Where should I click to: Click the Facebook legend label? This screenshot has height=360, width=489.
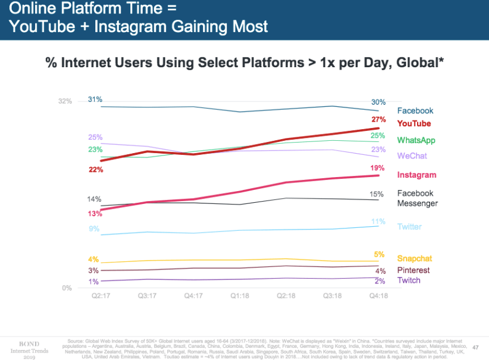[415, 110]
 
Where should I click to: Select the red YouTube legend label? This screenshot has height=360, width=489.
[414, 123]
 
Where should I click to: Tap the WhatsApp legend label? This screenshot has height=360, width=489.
[416, 140]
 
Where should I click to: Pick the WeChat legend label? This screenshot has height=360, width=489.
[412, 156]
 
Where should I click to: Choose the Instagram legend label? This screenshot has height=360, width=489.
[416, 175]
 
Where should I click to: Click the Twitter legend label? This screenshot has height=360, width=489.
[409, 227]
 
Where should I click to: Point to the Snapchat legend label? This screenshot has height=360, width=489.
[415, 258]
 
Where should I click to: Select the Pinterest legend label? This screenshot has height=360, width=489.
[413, 270]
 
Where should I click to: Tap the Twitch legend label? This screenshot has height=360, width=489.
[409, 281]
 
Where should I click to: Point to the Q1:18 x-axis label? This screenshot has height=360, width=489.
[240, 296]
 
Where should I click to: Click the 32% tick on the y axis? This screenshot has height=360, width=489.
[65, 101]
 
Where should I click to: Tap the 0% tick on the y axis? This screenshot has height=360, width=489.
[67, 288]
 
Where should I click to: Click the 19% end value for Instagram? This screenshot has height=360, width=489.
[377, 168]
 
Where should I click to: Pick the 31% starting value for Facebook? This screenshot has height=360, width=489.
[95, 99]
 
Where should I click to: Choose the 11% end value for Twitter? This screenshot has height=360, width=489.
[378, 221]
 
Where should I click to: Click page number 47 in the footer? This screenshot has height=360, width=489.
[476, 345]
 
